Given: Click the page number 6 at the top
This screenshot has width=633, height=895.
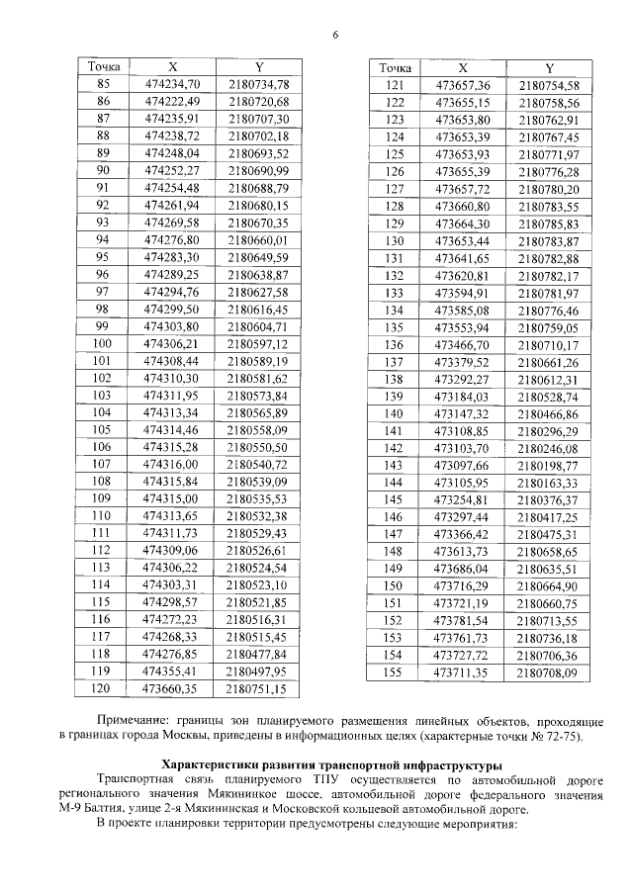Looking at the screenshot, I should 335,36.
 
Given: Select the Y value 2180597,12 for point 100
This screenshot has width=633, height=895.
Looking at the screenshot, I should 257,343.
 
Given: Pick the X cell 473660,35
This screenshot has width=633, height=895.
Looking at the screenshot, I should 172,688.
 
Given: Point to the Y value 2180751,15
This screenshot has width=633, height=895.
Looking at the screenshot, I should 257,688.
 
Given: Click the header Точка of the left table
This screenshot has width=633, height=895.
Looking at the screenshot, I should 103,66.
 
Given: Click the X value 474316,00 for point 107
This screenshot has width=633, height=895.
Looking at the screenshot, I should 172,464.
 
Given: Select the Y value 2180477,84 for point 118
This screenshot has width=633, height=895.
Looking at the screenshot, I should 257,654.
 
